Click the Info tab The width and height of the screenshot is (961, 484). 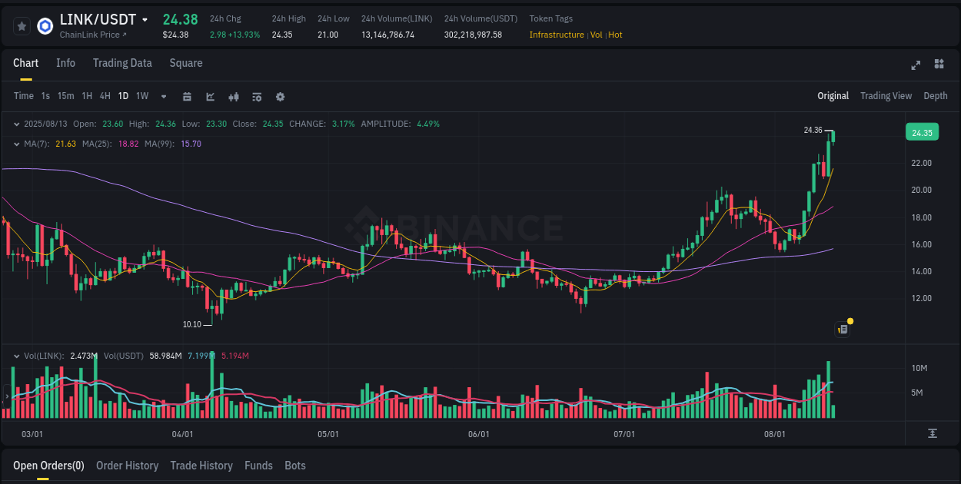pos(65,63)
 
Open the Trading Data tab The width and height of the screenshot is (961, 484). pos(122,63)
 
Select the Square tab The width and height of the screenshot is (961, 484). pos(186,63)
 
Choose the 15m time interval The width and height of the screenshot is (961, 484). pos(65,96)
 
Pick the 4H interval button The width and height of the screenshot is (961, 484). pos(105,96)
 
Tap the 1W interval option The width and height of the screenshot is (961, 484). pos(142,96)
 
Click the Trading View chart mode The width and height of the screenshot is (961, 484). pos(886,96)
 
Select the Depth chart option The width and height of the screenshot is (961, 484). pos(935,96)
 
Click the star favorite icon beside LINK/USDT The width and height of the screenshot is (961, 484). pos(22,26)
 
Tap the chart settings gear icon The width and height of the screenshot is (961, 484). pos(280,97)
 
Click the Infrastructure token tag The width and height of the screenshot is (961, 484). pos(557,35)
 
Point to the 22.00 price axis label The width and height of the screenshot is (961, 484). pos(921,163)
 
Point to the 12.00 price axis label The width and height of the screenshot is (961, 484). pos(921,298)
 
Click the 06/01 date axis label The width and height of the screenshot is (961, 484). pos(478,434)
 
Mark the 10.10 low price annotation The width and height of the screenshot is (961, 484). pos(192,324)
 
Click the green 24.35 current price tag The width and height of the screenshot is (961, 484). pos(922,133)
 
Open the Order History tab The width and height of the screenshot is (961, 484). pos(127,466)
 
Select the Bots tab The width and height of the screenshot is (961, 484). pos(294,466)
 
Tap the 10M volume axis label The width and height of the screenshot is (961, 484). pos(919,368)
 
